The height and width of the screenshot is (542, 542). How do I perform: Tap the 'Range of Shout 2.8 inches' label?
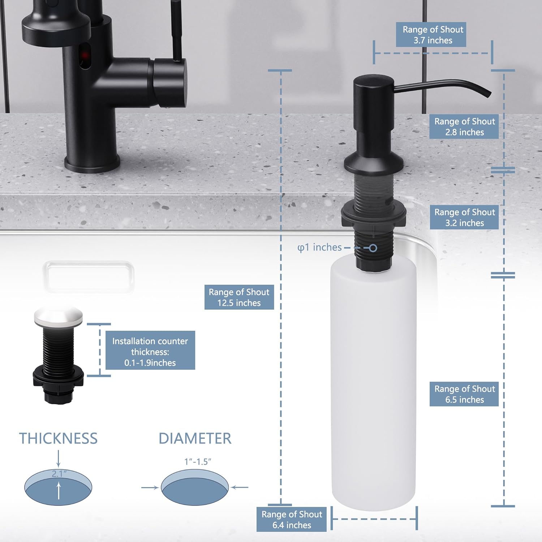[x=464, y=127]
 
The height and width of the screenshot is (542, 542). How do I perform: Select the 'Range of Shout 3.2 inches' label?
[x=464, y=217]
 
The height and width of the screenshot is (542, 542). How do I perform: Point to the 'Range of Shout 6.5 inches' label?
[x=464, y=394]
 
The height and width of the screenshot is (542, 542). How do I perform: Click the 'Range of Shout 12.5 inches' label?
[x=239, y=297]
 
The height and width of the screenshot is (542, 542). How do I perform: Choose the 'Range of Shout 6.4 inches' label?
[x=291, y=520]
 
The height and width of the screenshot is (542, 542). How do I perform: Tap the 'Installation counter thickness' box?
[x=150, y=350]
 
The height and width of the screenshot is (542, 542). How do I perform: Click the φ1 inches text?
[x=319, y=248]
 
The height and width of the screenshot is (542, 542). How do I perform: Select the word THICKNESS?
[x=58, y=438]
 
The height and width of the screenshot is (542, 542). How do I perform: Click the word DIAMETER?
[x=195, y=438]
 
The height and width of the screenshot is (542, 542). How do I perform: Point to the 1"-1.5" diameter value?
[x=198, y=462]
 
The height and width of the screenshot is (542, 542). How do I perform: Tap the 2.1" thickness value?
[x=59, y=474]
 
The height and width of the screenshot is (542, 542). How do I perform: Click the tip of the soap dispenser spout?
[x=489, y=94]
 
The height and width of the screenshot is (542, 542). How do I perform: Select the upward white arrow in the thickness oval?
[x=59, y=491]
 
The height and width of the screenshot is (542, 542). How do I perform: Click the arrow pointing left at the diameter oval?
[x=240, y=487]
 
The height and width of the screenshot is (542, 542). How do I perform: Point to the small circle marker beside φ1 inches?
[x=373, y=248]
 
